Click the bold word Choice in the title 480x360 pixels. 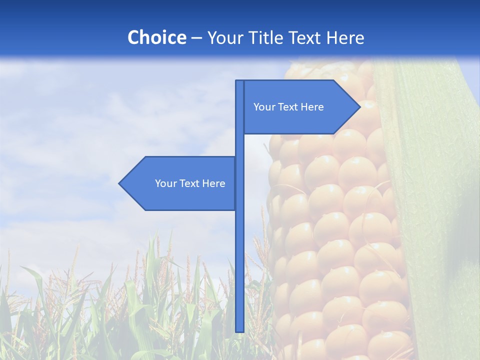point(156,37)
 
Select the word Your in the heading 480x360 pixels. point(224,37)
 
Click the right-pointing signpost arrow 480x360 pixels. point(300,107)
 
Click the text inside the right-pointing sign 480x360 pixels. point(288,107)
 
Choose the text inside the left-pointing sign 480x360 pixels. point(190,183)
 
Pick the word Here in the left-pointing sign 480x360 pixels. point(213,183)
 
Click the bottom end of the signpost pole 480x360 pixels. point(239,330)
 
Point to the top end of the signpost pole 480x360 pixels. point(239,82)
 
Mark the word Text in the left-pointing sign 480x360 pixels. point(189,183)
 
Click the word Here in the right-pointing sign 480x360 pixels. point(312,107)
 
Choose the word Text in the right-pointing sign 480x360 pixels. point(288,107)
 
